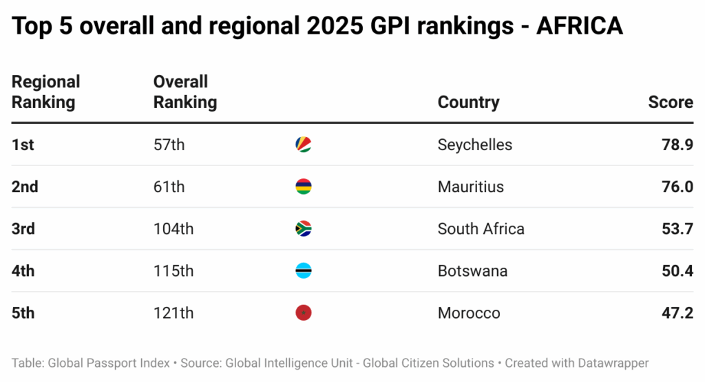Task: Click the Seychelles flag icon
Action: pos(303,145)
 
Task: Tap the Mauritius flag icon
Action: pos(303,187)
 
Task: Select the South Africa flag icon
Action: pos(303,229)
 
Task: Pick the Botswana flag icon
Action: pos(303,270)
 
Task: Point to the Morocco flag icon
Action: pos(303,313)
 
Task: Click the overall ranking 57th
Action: pos(169,145)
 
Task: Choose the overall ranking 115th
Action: pos(173,270)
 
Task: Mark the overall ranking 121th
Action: pos(173,313)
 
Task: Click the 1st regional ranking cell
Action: pos(23,145)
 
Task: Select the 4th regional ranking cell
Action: pos(23,270)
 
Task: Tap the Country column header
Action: pos(468,103)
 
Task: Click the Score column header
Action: pos(670,103)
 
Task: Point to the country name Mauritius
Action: pos(470,187)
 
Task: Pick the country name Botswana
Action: pos(472,270)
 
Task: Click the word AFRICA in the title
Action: pos(579,26)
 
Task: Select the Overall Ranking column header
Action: pos(185,92)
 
